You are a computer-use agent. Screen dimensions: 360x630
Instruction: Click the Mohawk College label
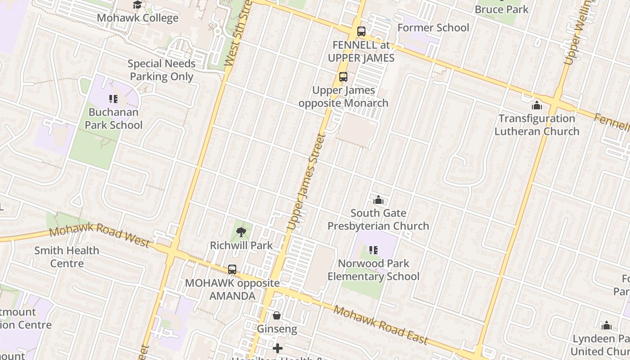coord(138,18)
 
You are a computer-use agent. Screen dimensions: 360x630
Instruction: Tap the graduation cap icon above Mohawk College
coord(137,5)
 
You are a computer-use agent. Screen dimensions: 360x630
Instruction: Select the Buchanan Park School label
coord(113,118)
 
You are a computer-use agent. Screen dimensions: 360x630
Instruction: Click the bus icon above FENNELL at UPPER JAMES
coord(361,31)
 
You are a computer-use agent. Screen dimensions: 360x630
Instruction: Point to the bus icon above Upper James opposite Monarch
coord(343,77)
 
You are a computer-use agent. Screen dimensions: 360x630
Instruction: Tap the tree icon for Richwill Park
coord(241,232)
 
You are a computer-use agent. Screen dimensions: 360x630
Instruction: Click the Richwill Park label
coord(241,245)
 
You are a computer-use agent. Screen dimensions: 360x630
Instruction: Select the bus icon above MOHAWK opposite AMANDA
coord(232,270)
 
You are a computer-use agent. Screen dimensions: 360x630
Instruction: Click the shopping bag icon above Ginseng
coord(277,316)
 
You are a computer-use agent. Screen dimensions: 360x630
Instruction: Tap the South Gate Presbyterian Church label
coord(378,220)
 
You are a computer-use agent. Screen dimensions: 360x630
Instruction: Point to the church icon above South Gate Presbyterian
coord(378,200)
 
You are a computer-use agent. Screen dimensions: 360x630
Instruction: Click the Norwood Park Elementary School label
coord(373,270)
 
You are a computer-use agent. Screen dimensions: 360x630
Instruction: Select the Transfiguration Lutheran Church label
coord(536,125)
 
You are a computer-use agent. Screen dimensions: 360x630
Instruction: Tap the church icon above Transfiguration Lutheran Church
coord(536,106)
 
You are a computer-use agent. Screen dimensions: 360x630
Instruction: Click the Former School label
coord(433,27)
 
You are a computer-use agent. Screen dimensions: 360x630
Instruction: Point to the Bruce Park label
coord(501,9)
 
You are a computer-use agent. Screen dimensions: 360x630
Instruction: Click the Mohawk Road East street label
coord(380,324)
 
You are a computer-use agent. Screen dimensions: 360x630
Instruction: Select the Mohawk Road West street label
coord(99,235)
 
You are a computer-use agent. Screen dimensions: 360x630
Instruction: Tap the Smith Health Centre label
coord(67,256)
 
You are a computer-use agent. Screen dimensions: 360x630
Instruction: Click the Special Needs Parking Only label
coord(161,70)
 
